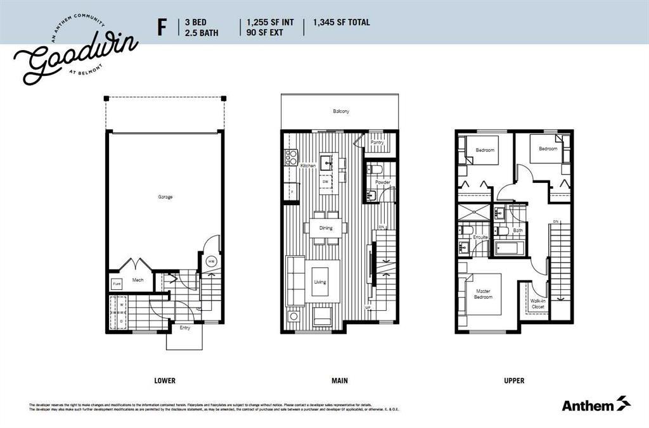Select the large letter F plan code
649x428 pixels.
(x=163, y=28)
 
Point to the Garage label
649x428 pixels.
(x=165, y=197)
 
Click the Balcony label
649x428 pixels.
(x=341, y=111)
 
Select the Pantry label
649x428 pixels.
(x=377, y=143)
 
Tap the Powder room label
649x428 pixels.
(x=382, y=182)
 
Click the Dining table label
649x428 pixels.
(x=326, y=228)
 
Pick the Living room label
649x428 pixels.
(x=320, y=282)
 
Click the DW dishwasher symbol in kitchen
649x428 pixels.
(x=325, y=182)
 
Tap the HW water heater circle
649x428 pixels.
(x=210, y=262)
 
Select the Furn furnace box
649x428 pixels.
(x=117, y=284)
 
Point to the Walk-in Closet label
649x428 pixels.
(x=537, y=304)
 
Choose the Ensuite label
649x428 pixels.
(x=480, y=237)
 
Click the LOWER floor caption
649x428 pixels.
(x=165, y=381)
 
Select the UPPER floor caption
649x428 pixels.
(x=514, y=381)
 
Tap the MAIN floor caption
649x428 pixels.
(x=339, y=381)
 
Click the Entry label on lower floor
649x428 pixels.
(x=184, y=327)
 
